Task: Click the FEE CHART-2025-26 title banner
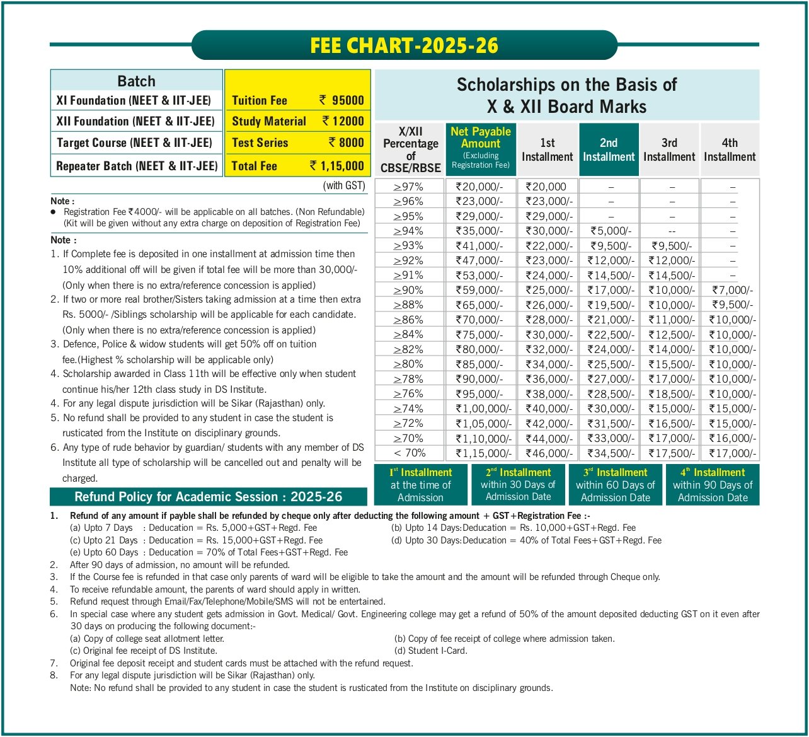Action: pyautogui.click(x=404, y=46)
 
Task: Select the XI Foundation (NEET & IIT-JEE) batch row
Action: pyautogui.click(x=136, y=100)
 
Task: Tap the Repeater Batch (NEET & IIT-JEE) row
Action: pyautogui.click(x=136, y=166)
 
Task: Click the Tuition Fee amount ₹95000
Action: pyautogui.click(x=341, y=100)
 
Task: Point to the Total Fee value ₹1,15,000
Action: pyautogui.click(x=337, y=166)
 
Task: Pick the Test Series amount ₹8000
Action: pyautogui.click(x=346, y=143)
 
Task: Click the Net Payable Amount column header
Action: pyautogui.click(x=481, y=148)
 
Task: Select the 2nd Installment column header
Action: pyautogui.click(x=609, y=149)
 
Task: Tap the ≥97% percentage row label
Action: pyautogui.click(x=409, y=187)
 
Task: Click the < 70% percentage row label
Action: pyautogui.click(x=410, y=453)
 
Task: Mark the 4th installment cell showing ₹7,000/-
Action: pyautogui.click(x=732, y=290)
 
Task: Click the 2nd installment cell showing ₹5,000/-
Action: pyautogui.click(x=609, y=231)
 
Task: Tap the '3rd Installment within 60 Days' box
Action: pyautogui.click(x=615, y=485)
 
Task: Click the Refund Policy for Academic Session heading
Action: pyautogui.click(x=208, y=497)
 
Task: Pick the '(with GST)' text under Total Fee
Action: pyautogui.click(x=344, y=185)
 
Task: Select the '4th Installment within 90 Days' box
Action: pyautogui.click(x=713, y=485)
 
